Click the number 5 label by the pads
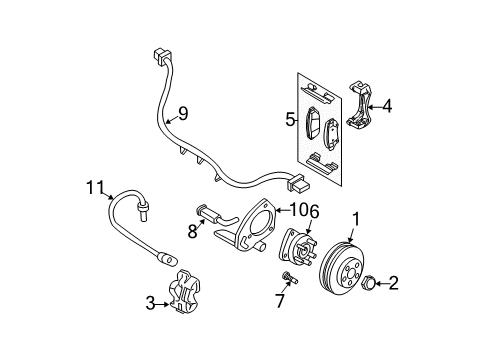pyautogui.click(x=290, y=121)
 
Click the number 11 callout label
pyautogui.click(x=95, y=185)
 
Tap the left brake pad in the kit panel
pyautogui.click(x=316, y=123)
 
